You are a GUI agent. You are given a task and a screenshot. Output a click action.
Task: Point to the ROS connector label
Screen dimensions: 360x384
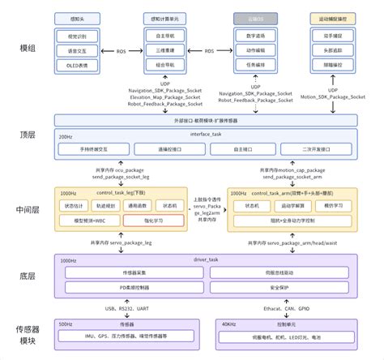click(122, 50)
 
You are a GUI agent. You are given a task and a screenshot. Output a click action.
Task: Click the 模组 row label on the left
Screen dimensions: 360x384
click(28, 49)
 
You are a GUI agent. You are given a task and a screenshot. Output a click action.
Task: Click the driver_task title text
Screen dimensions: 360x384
click(206, 259)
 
